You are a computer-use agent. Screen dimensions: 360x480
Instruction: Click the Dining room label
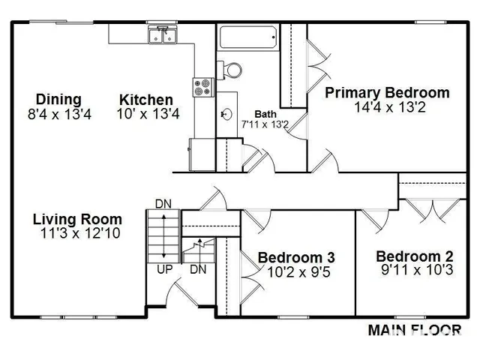[58, 100]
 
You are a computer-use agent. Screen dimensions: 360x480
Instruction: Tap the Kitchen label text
[146, 100]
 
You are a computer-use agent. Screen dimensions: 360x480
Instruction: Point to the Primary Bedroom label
[387, 93]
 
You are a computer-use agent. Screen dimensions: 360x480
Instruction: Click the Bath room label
[265, 113]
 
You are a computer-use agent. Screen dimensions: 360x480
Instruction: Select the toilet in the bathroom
[232, 70]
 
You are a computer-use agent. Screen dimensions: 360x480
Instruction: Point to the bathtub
[247, 37]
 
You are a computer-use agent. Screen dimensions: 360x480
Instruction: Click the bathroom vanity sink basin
[226, 115]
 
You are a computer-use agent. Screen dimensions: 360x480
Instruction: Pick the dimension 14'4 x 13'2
[387, 107]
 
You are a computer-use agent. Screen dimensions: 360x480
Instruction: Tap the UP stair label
[162, 268]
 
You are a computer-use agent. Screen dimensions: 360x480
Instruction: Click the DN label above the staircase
[163, 203]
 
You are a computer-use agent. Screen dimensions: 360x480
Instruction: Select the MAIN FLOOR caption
[414, 328]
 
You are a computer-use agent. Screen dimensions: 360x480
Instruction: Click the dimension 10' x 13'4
[148, 114]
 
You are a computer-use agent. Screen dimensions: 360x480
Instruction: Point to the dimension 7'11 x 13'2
[265, 124]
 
